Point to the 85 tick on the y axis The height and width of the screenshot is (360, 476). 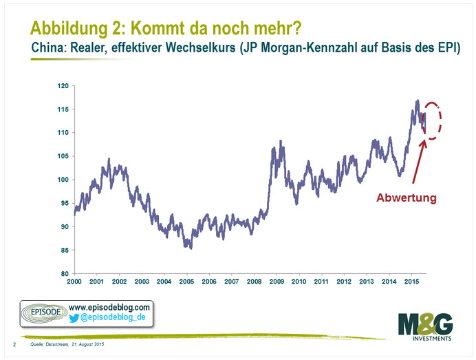(x=64, y=251)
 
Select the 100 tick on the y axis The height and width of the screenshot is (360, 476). (x=62, y=180)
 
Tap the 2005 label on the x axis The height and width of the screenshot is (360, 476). (x=186, y=282)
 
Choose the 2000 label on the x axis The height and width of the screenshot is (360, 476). (x=74, y=282)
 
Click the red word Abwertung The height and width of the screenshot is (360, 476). (x=406, y=198)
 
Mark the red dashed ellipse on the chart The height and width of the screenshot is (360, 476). (x=432, y=120)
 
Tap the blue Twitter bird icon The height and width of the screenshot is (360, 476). (x=75, y=318)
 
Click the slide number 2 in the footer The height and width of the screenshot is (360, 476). (x=15, y=343)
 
